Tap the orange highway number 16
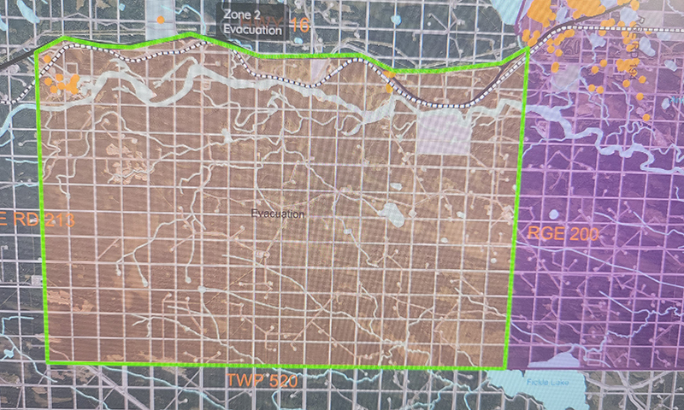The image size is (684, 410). coord(299,25)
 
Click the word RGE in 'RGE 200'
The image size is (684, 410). coord(541,233)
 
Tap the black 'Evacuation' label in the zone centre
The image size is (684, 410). coord(278,214)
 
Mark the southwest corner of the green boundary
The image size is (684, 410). coord(48,363)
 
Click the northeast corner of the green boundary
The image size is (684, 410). coord(528,50)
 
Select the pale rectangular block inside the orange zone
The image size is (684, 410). coord(445,132)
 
